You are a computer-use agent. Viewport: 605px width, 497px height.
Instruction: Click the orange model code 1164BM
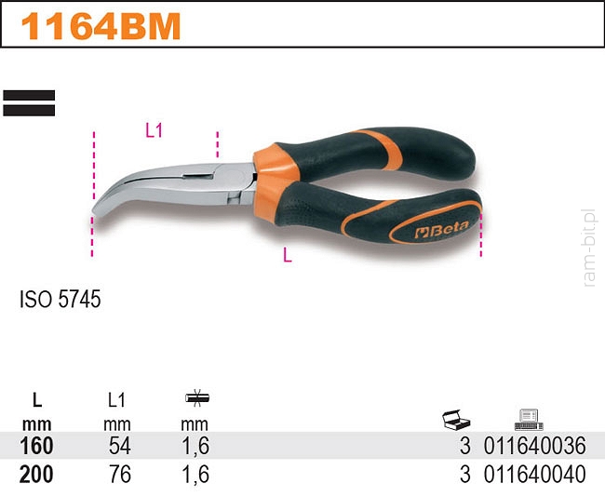tap(101, 26)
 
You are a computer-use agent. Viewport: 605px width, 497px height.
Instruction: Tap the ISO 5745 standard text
tap(60, 299)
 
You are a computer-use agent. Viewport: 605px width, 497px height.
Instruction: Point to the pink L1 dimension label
tap(154, 131)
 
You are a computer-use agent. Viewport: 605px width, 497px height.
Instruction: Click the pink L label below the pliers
tap(288, 255)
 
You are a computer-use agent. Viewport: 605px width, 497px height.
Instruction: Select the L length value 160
tap(36, 446)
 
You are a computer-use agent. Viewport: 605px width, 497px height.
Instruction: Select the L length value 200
tap(36, 475)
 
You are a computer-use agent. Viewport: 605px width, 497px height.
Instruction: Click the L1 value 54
tap(120, 446)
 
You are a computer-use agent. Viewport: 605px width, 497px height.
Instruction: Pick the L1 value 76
tap(120, 475)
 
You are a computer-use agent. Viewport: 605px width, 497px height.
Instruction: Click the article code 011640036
tap(535, 446)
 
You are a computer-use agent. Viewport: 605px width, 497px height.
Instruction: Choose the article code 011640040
tap(535, 475)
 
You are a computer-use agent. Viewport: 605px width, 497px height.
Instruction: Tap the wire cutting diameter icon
tap(196, 397)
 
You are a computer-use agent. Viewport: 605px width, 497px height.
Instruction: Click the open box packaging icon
tap(456, 420)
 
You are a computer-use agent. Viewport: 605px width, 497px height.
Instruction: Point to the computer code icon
tap(529, 420)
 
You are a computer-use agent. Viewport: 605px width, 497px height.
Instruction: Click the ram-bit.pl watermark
tap(589, 248)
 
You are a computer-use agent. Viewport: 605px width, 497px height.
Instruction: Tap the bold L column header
tap(37, 401)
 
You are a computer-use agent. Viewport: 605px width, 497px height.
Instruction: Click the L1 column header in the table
tap(116, 401)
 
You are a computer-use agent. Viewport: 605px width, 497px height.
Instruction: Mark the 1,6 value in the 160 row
tap(195, 447)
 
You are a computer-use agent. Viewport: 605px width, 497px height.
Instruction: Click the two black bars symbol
tap(29, 103)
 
